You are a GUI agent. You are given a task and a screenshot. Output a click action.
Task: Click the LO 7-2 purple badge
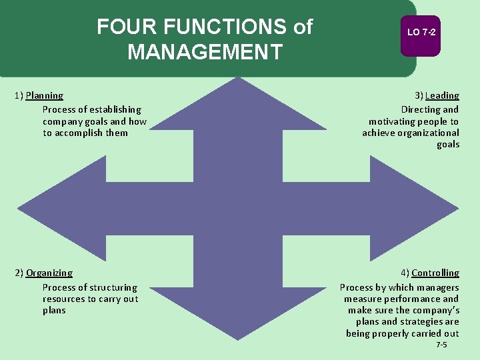(421, 33)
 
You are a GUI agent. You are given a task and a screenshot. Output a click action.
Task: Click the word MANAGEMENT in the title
(205, 52)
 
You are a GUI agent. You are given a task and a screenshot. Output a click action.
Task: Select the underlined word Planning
(45, 96)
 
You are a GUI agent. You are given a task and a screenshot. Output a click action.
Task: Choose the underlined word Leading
(442, 96)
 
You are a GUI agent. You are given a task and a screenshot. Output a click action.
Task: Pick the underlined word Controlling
(435, 273)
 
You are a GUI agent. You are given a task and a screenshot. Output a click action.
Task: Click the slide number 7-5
(441, 345)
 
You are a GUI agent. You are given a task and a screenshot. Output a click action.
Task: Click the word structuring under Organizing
(113, 287)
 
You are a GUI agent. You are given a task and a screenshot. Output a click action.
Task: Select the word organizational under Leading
(428, 133)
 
